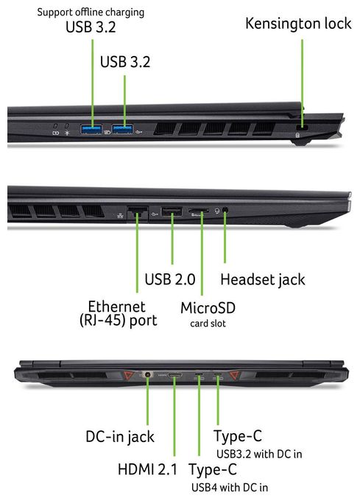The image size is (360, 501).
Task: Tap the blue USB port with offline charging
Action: pyautogui.click(x=91, y=129)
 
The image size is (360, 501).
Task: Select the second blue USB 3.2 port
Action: pyautogui.click(x=122, y=129)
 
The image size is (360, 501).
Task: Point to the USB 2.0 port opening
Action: pyautogui.click(x=172, y=212)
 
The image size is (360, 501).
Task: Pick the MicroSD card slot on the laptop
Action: pyautogui.click(x=198, y=211)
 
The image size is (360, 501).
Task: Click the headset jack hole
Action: pyautogui.click(x=225, y=210)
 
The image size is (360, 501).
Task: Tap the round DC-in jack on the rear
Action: pyautogui.click(x=147, y=374)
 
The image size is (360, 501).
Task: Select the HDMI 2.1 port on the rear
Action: pyautogui.click(x=175, y=374)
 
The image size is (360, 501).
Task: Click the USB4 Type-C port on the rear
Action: pyautogui.click(x=199, y=374)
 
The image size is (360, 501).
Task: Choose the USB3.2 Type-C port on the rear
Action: pyautogui.click(x=218, y=374)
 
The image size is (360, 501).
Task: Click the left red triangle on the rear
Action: pyautogui.click(x=129, y=374)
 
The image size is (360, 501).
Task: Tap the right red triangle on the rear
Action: pyautogui.click(x=235, y=374)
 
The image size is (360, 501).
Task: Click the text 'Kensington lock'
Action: pyautogui.click(x=298, y=24)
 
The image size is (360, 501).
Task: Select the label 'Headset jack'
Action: pyautogui.click(x=263, y=279)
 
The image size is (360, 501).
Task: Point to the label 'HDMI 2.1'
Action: pyautogui.click(x=147, y=469)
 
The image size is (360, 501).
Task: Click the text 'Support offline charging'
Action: pyautogui.click(x=91, y=13)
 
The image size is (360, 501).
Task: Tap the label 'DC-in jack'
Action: pyautogui.click(x=120, y=437)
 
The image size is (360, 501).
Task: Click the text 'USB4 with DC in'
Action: pyautogui.click(x=230, y=488)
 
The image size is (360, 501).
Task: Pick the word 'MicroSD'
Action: pyautogui.click(x=208, y=308)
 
